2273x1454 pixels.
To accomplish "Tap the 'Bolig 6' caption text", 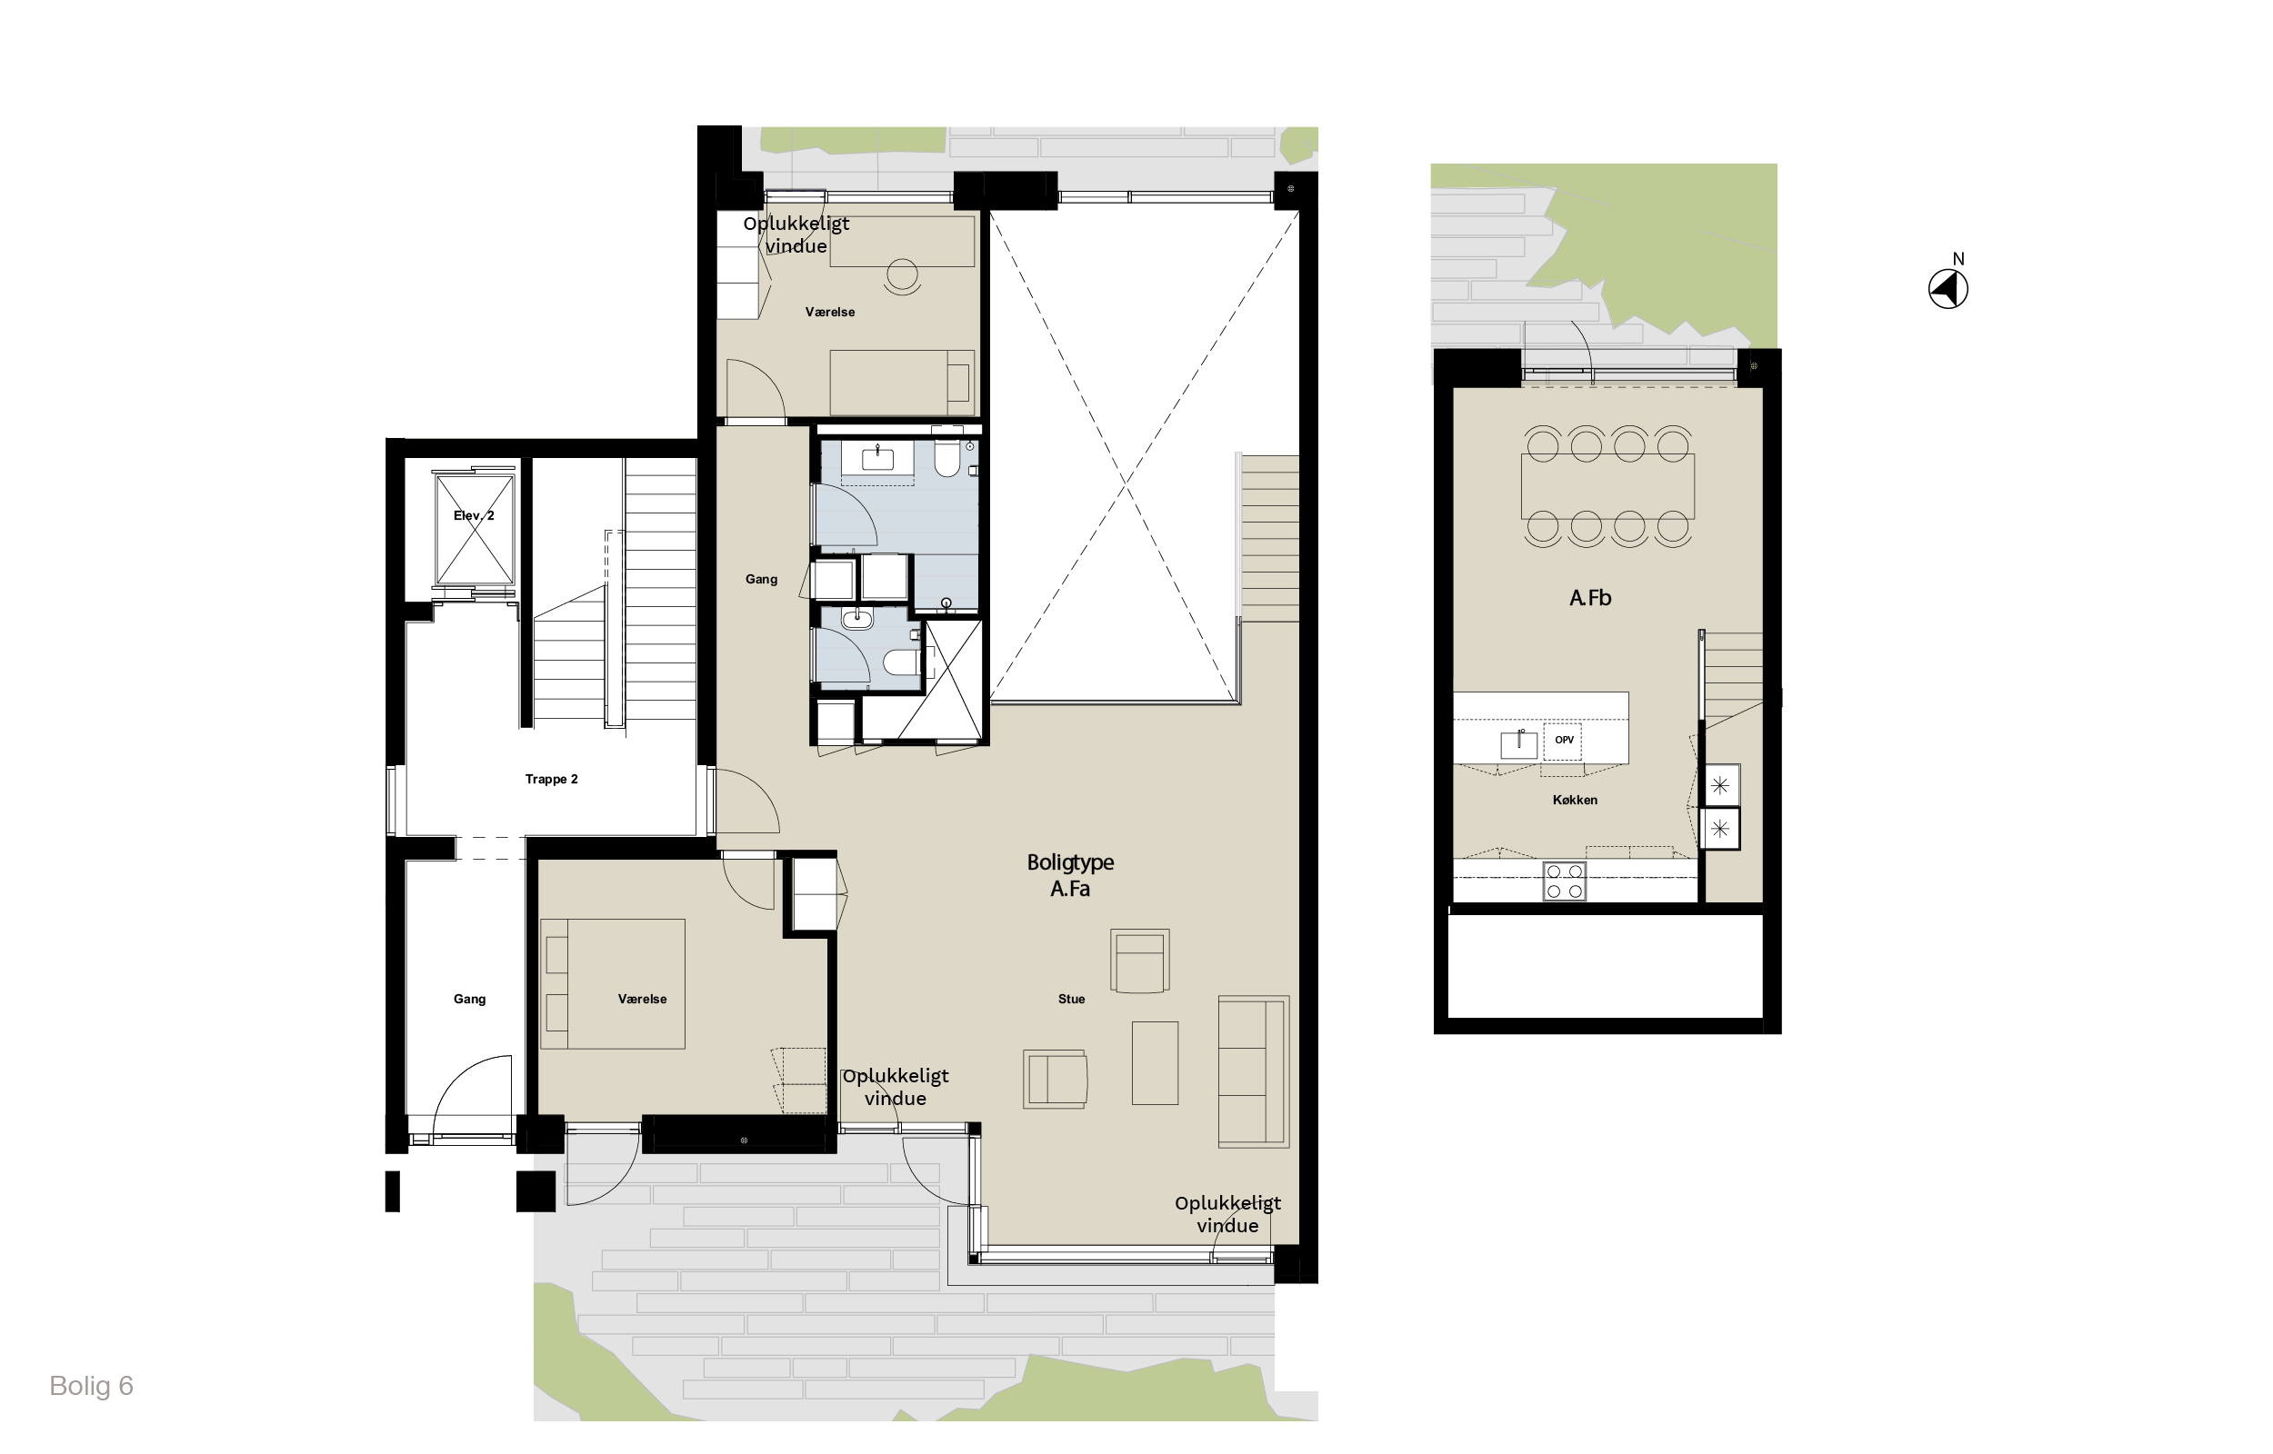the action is [x=91, y=1386].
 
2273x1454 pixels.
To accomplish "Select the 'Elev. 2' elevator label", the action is [x=474, y=515].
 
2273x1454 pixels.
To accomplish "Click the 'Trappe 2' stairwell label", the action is [x=552, y=779].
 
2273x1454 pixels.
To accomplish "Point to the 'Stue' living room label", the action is [x=1071, y=999].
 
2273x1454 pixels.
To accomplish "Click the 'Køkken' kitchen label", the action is [x=1575, y=800].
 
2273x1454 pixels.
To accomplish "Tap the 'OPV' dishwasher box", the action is [x=1563, y=741].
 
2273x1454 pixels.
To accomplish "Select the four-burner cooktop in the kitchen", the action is [x=1564, y=881].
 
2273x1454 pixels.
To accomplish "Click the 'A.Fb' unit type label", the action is [x=1590, y=598].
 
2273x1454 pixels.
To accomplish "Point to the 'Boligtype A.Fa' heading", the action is [x=1070, y=875].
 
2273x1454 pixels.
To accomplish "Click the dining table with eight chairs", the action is [x=1607, y=486].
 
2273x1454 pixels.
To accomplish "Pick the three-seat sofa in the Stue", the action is [x=1253, y=1071].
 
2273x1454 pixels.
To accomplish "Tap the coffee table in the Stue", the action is [x=1155, y=1063].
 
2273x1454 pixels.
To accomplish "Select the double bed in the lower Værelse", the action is [x=613, y=984].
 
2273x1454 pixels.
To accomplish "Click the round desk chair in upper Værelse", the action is [x=902, y=275].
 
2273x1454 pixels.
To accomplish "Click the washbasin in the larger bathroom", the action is [x=877, y=458].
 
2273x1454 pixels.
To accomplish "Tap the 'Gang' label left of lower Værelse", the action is [x=469, y=999].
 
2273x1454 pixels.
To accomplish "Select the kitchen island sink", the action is [x=1518, y=743].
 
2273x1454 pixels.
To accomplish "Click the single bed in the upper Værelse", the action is [x=902, y=383].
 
